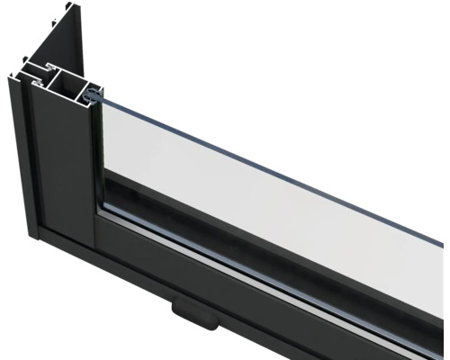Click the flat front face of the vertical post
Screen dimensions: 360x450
(63, 180)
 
